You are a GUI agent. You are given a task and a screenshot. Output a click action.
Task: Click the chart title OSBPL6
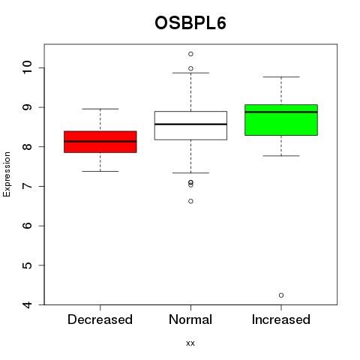(x=190, y=23)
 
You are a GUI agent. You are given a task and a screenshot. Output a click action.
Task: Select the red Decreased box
(x=100, y=142)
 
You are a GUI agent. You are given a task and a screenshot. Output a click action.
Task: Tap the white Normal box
(x=190, y=125)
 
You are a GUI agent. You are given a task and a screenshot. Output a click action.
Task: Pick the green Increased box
(x=281, y=120)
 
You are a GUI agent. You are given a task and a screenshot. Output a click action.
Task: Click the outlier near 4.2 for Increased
(x=281, y=295)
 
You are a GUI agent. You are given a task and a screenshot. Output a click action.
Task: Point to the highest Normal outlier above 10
(x=190, y=54)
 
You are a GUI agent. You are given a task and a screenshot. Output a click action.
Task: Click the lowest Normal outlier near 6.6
(x=190, y=201)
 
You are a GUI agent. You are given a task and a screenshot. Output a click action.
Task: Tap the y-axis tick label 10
(x=27, y=67)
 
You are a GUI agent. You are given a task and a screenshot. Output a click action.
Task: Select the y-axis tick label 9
(x=27, y=107)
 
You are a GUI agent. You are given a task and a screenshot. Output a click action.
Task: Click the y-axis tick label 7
(x=27, y=186)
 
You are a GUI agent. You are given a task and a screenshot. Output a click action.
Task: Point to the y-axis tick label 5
(x=27, y=265)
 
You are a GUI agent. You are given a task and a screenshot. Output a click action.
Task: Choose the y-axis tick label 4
(x=27, y=304)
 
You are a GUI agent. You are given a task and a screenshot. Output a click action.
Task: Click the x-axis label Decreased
(x=100, y=319)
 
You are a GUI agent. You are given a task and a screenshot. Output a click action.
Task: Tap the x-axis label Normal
(x=190, y=319)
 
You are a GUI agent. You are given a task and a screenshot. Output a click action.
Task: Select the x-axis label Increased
(x=281, y=319)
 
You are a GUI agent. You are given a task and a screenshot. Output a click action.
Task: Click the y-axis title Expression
(x=7, y=174)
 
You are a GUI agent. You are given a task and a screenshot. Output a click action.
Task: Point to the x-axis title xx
(x=190, y=343)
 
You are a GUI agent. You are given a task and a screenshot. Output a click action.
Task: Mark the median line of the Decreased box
(x=100, y=142)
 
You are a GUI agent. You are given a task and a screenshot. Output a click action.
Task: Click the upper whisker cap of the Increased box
(x=281, y=77)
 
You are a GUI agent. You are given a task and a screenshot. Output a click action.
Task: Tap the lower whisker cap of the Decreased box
(x=100, y=171)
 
